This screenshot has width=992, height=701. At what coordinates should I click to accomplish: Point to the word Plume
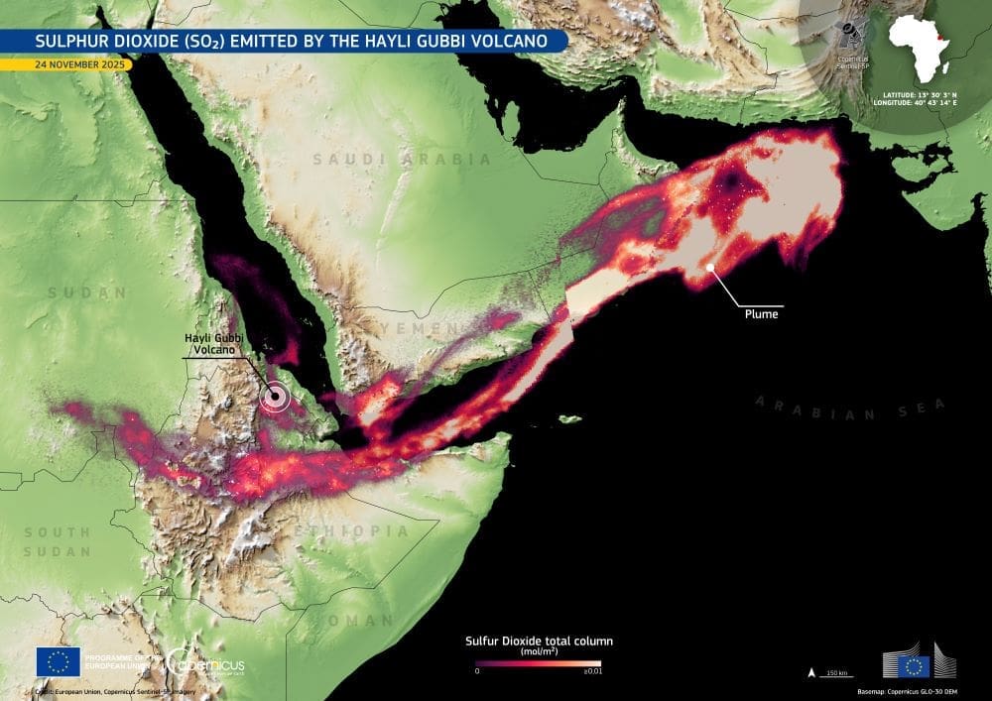click(762, 314)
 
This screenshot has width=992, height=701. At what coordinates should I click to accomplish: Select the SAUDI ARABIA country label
click(401, 159)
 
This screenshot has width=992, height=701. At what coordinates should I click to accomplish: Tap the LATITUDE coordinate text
click(921, 94)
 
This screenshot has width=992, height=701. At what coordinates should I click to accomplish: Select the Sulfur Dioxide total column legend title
click(539, 642)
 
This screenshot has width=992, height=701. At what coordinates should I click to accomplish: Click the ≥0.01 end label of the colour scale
click(593, 671)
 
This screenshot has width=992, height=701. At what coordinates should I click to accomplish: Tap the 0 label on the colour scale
click(478, 671)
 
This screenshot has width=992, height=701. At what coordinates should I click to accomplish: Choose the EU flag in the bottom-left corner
click(58, 661)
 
